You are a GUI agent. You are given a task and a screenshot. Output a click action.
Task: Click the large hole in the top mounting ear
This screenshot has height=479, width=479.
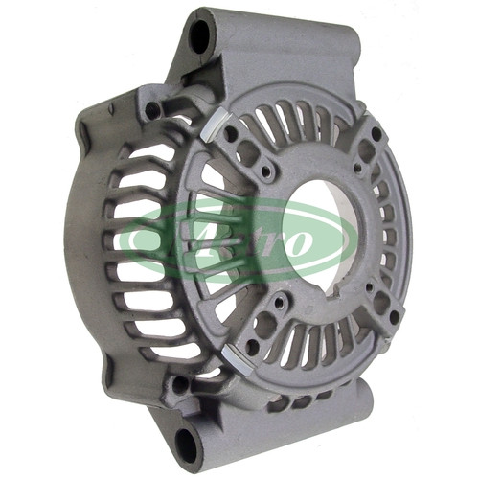point(199,36)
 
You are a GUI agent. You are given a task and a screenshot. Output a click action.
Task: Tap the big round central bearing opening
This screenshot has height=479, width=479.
point(322,235)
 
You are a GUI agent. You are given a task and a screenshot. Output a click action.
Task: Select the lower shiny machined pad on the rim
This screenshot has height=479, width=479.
point(237,360)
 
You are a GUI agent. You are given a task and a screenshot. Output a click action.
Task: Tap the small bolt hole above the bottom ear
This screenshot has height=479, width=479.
point(180,384)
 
